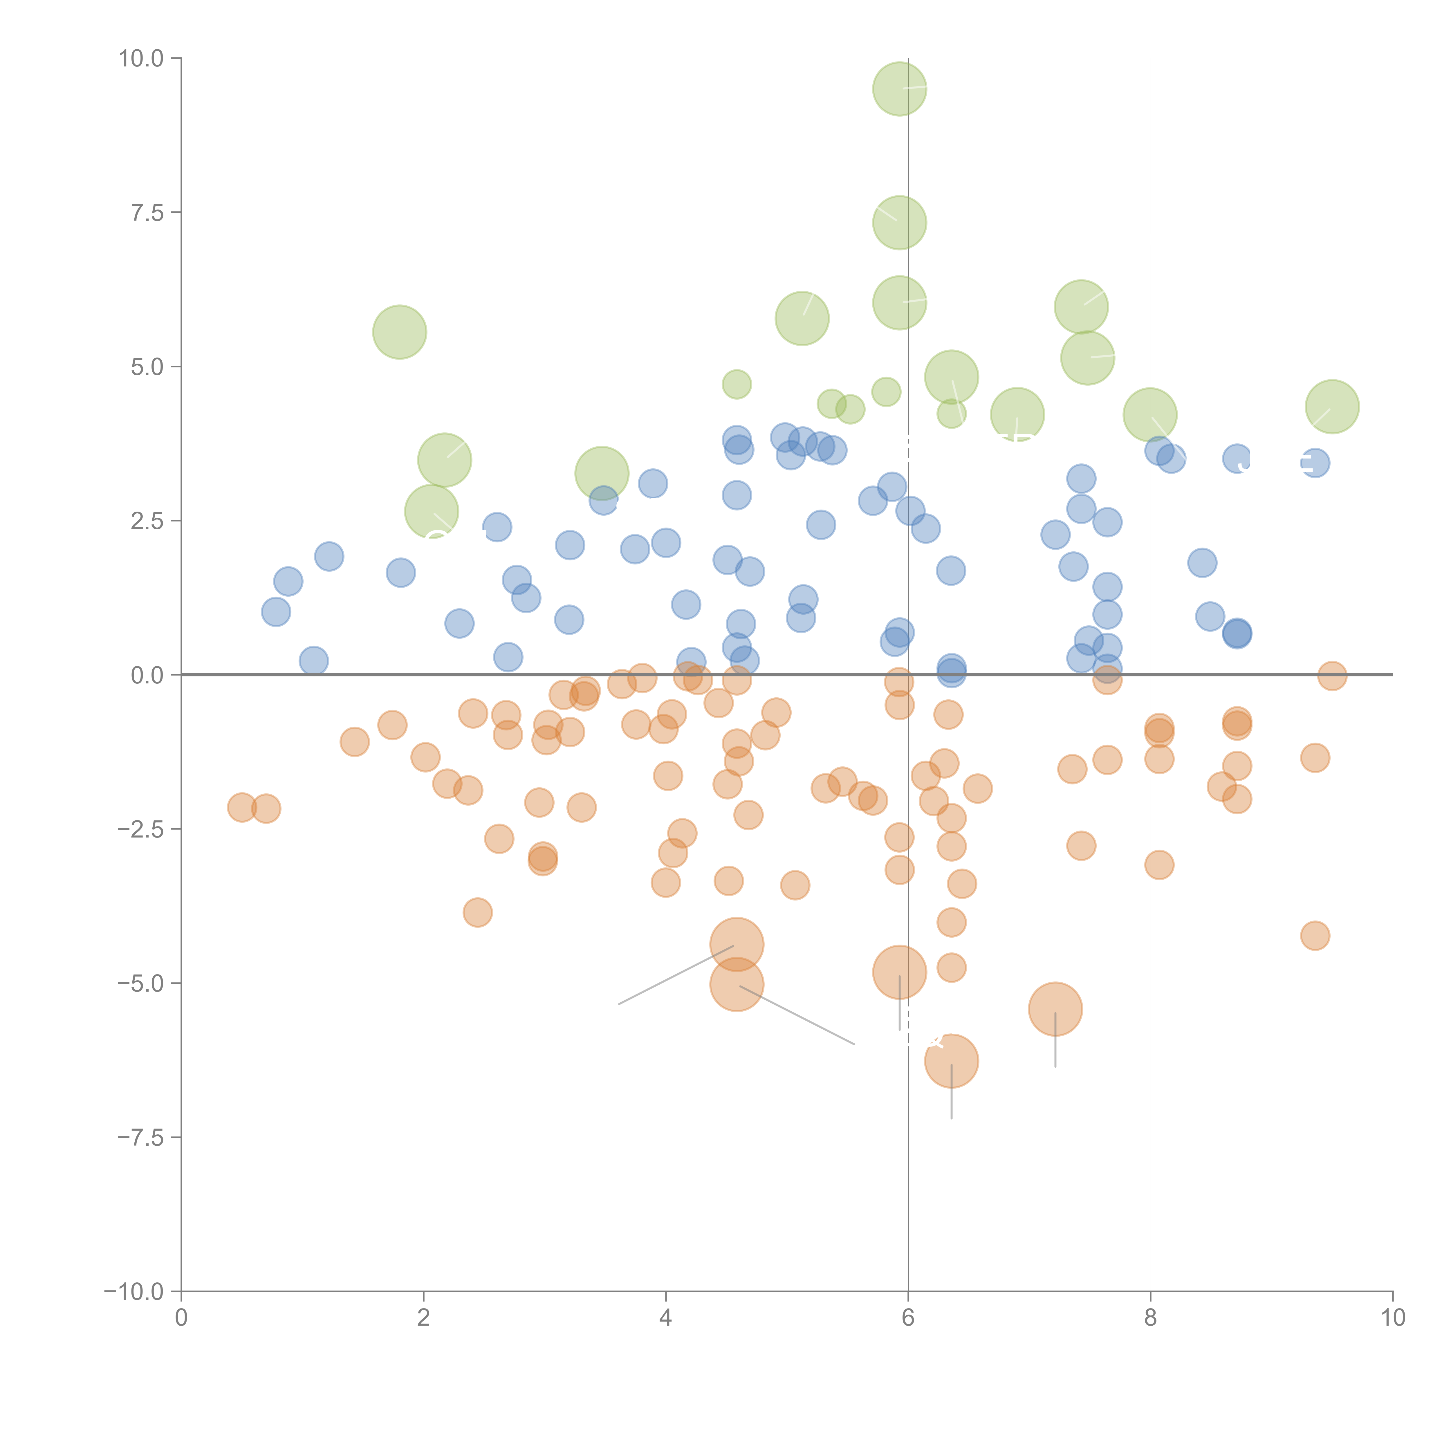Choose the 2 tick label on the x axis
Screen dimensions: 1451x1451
[x=424, y=1318]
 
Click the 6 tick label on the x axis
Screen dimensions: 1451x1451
[x=908, y=1318]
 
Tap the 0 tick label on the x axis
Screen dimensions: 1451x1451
[x=181, y=1318]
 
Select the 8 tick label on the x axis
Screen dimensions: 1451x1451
[x=1150, y=1318]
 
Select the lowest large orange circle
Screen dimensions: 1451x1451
[x=951, y=1060]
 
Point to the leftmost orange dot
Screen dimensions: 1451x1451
[x=241, y=807]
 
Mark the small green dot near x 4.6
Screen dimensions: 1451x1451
[x=736, y=385]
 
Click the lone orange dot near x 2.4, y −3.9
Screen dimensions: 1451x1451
[x=477, y=912]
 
